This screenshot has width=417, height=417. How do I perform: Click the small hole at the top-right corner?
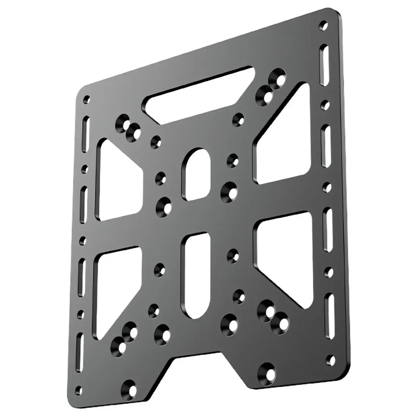pyautogui.click(x=323, y=26)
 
